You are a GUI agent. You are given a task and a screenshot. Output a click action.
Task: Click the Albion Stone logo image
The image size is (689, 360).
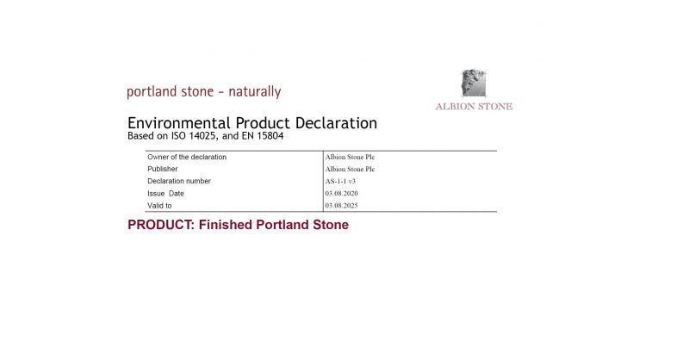click(x=474, y=84)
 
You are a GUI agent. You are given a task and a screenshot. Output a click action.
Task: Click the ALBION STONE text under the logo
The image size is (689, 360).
click(x=474, y=107)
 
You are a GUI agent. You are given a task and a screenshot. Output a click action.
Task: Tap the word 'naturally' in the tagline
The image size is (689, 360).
click(x=254, y=91)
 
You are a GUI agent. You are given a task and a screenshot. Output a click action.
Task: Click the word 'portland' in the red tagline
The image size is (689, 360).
click(x=150, y=91)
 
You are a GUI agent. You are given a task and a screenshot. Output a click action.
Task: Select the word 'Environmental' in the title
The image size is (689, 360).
click(x=176, y=123)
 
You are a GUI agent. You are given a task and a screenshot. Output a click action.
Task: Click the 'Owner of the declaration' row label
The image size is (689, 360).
click(x=187, y=158)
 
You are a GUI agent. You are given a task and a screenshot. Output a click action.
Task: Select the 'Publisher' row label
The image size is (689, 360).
click(x=163, y=170)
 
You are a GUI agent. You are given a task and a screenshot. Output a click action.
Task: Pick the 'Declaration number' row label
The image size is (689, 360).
click(x=179, y=182)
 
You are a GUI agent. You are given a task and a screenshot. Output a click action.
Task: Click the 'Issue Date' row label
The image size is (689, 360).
click(x=166, y=194)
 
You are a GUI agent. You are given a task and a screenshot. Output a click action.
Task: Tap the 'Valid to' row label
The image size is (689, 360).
click(x=160, y=206)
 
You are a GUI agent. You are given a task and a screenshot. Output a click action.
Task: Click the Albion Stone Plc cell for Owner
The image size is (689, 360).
click(x=350, y=158)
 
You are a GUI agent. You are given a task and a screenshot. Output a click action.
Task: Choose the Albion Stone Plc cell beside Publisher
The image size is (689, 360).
click(x=350, y=170)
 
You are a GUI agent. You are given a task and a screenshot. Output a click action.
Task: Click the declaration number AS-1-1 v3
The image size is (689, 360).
click(x=344, y=182)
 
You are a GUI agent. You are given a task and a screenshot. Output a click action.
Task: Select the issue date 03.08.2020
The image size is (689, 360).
click(x=342, y=194)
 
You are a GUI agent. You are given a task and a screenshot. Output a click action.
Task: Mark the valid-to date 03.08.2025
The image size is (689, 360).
click(x=342, y=206)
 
